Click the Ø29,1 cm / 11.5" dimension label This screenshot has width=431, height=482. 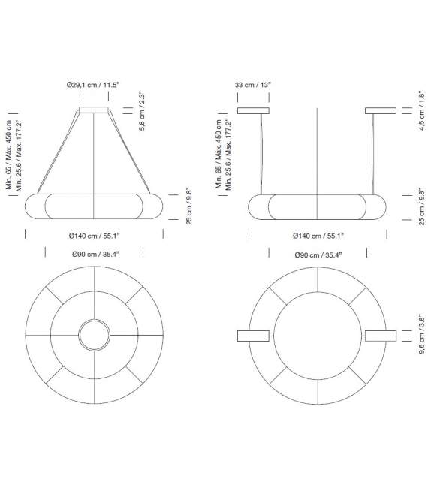coord(94,86)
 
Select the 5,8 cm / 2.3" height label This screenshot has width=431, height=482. coord(142,112)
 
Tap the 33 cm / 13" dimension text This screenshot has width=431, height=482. coord(252,86)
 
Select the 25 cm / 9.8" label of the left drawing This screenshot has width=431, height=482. coord(190,206)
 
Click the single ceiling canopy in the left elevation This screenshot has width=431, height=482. coord(94,112)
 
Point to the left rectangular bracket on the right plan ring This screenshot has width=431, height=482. coord(254,336)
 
